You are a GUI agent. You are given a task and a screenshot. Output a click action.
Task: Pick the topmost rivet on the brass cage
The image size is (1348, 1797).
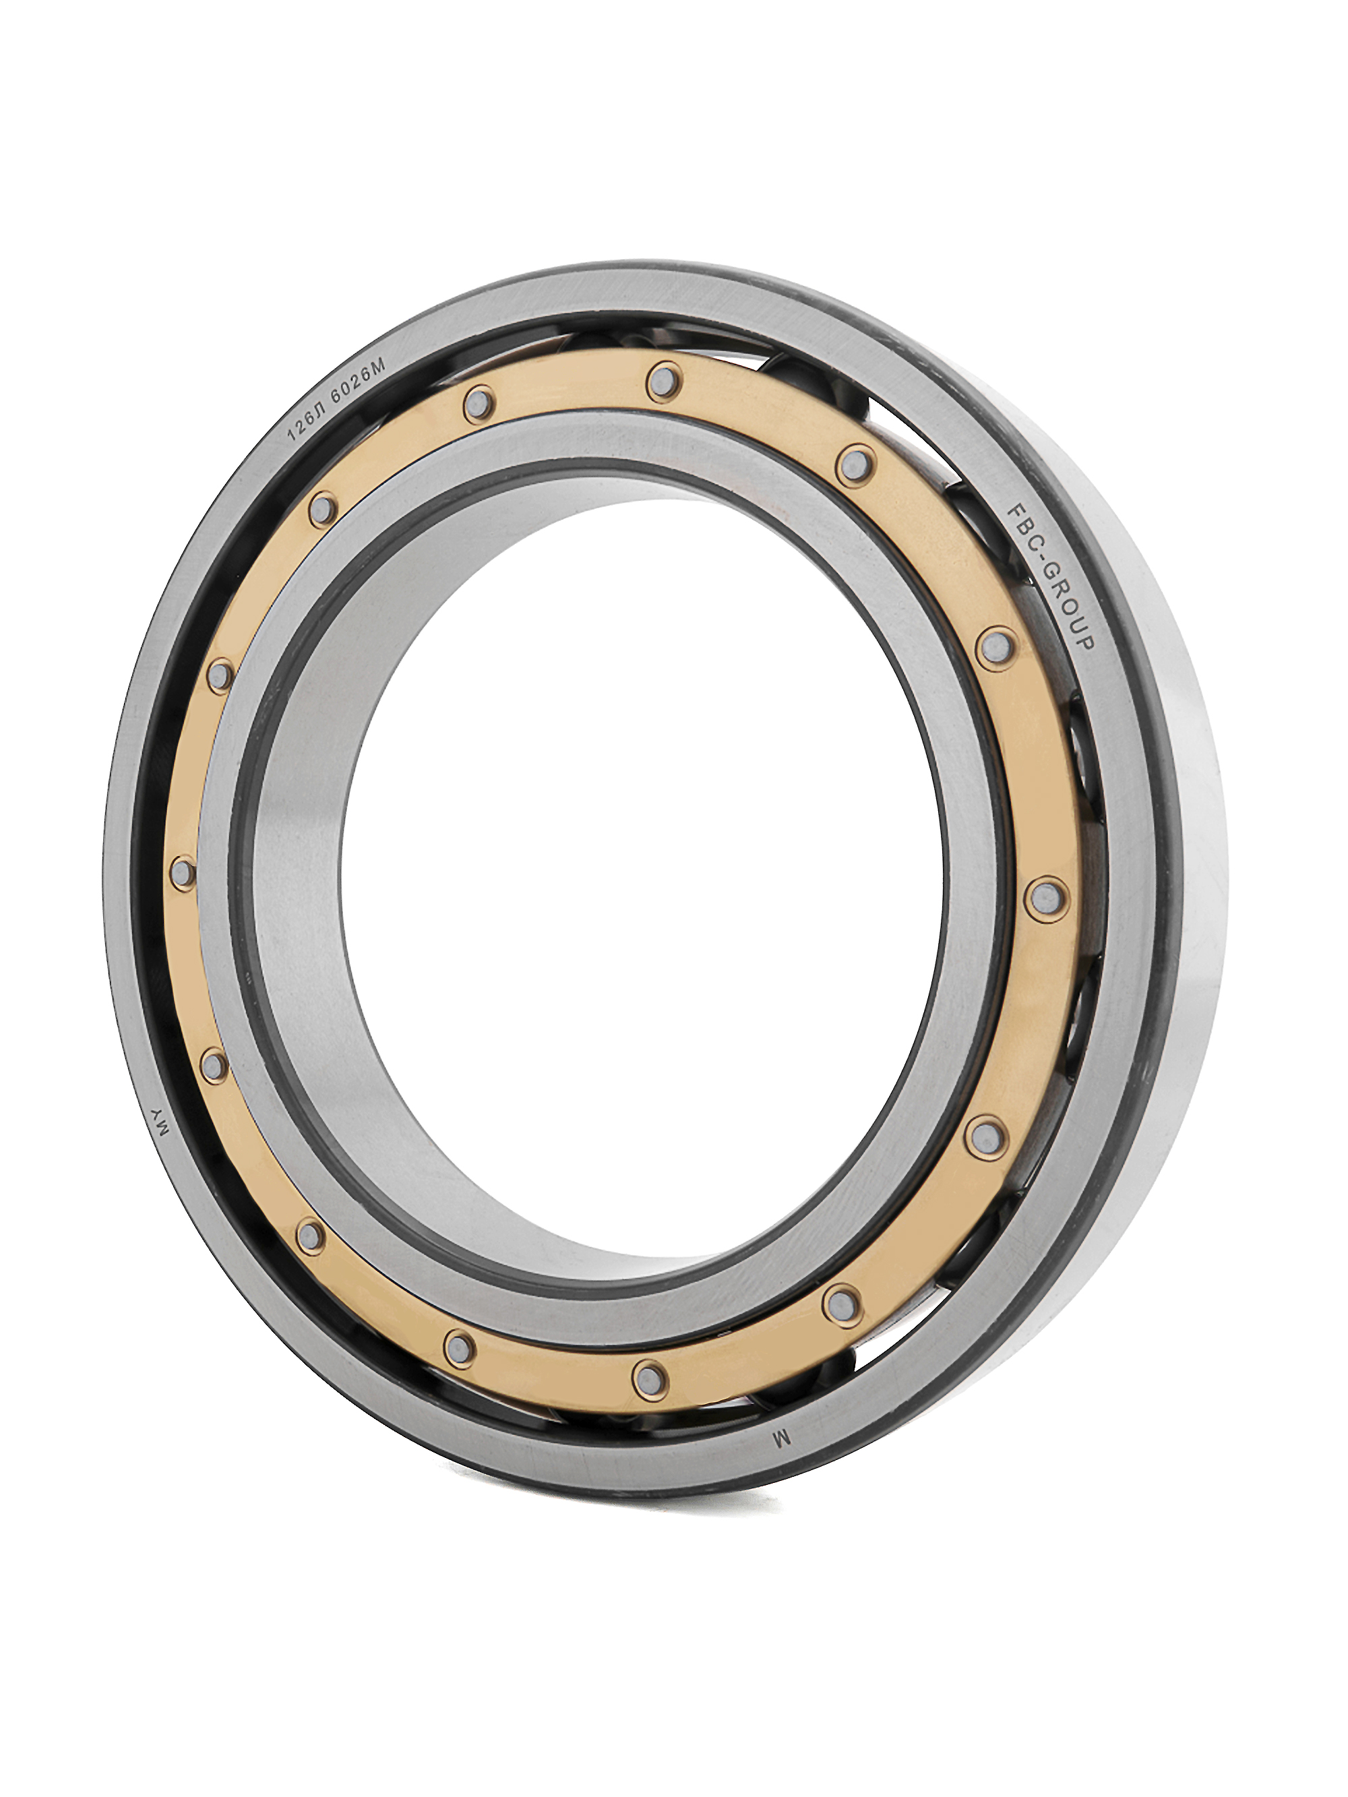pos(664,380)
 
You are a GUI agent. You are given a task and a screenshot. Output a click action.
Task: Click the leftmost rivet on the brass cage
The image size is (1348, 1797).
pos(183,874)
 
